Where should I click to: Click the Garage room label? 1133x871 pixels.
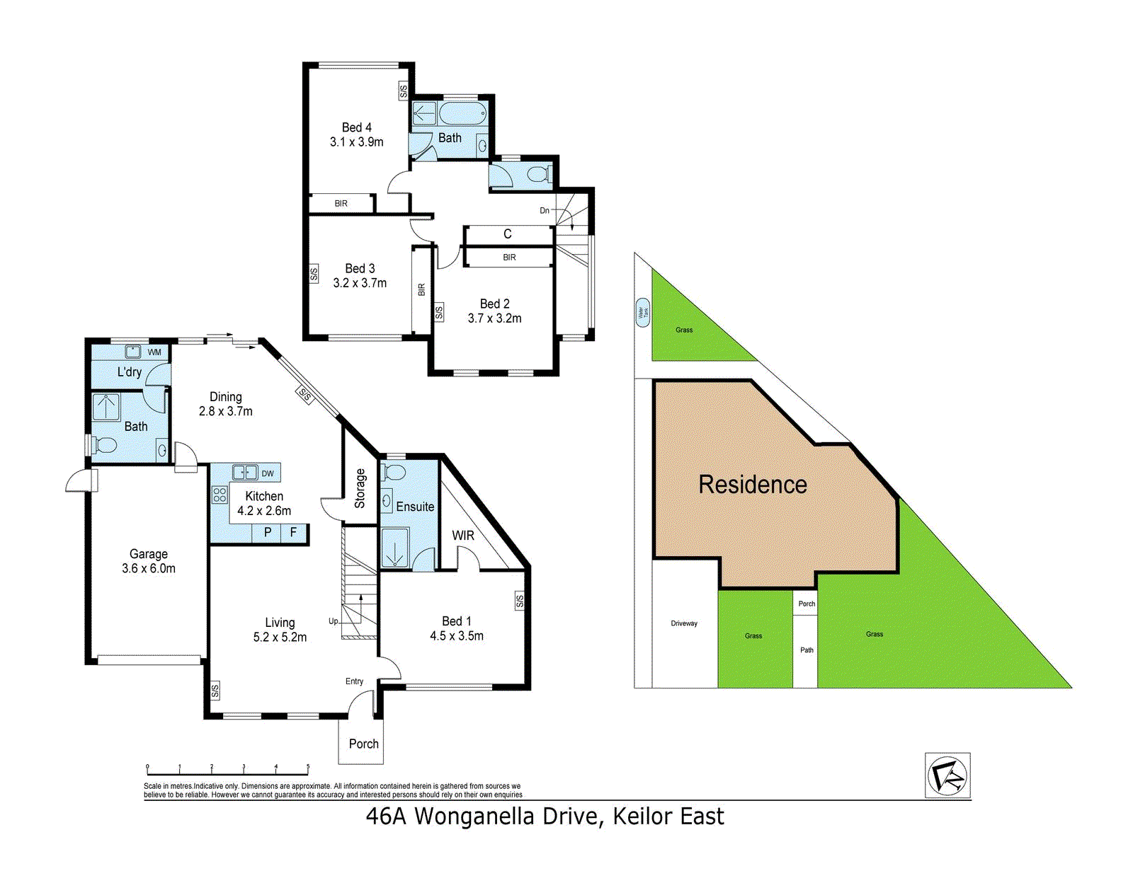click(149, 554)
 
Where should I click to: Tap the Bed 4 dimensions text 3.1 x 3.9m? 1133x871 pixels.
click(357, 142)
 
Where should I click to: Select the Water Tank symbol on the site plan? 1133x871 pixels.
click(642, 313)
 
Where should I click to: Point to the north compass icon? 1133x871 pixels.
click(947, 775)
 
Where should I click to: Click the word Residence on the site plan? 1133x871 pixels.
click(752, 485)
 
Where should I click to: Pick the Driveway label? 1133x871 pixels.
click(684, 623)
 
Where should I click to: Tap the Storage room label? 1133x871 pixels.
click(360, 488)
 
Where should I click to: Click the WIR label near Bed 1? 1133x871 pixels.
click(463, 535)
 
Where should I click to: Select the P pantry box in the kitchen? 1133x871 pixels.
click(268, 532)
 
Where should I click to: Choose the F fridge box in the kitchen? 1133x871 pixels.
click(294, 532)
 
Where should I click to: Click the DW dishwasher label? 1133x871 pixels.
click(268, 473)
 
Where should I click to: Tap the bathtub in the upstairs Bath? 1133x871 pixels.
click(463, 113)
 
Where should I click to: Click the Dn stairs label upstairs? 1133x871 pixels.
click(545, 210)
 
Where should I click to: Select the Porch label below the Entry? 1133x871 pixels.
click(364, 744)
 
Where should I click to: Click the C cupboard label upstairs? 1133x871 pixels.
click(507, 234)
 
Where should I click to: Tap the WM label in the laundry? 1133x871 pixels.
click(154, 352)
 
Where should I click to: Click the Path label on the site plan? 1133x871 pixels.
click(807, 650)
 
